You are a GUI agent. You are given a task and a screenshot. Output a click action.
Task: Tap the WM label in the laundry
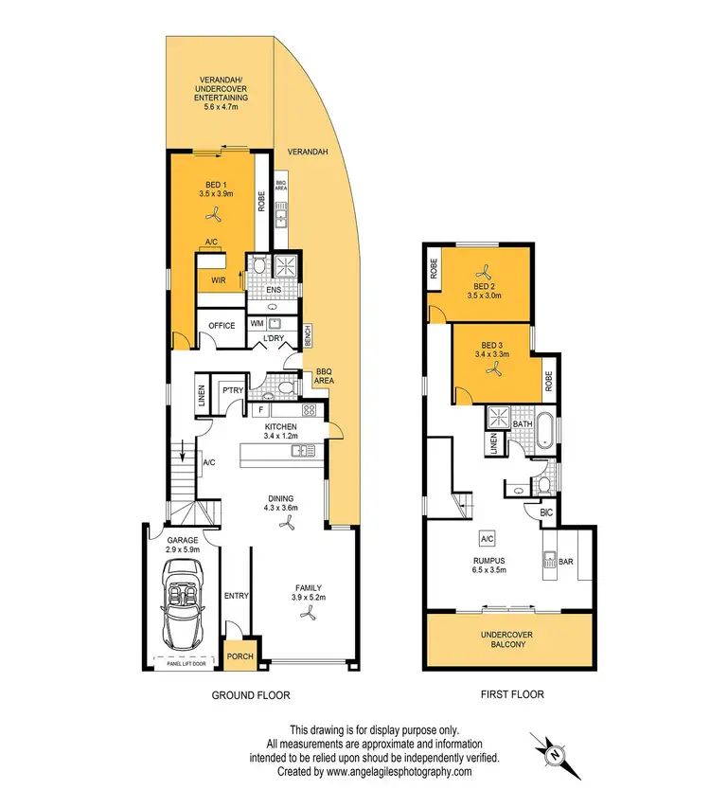coord(257,324)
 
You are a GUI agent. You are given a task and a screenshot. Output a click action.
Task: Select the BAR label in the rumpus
coord(566,561)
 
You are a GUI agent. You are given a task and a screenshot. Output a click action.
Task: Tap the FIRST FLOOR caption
coord(511,694)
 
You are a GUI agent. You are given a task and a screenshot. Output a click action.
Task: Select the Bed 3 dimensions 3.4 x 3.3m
coord(491,355)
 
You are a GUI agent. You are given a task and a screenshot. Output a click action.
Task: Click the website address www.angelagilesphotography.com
coord(399,772)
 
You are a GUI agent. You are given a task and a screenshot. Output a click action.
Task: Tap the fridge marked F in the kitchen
coord(258,411)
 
